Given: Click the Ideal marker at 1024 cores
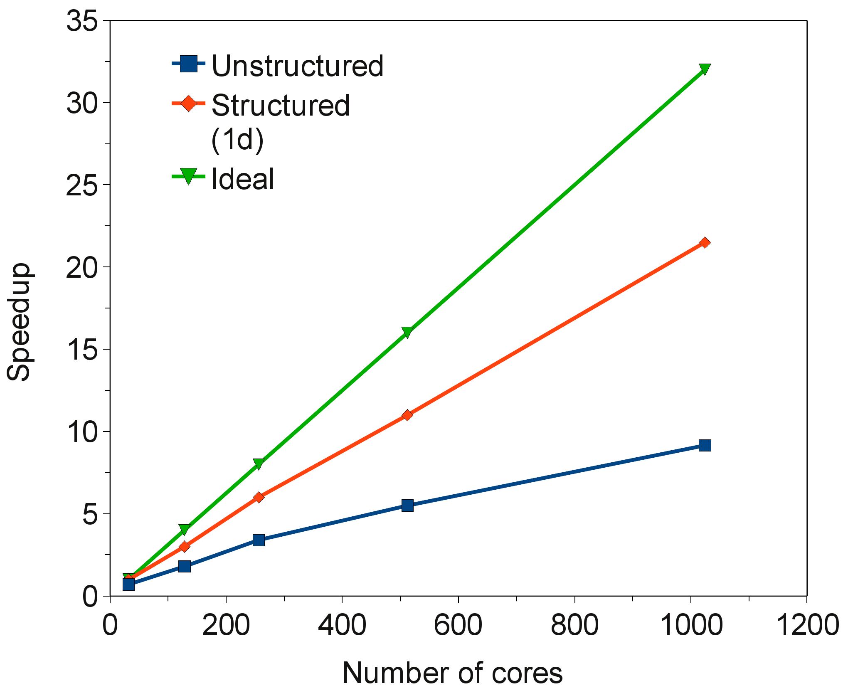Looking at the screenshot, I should tap(705, 69).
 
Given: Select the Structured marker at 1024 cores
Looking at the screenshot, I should tap(705, 242).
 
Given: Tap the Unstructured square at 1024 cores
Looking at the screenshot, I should tap(705, 445).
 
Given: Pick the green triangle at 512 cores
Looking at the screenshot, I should tap(407, 332).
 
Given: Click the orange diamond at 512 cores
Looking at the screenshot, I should tap(407, 415).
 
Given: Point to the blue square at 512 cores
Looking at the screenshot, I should tap(407, 506).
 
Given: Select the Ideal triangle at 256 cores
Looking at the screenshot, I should tap(259, 464).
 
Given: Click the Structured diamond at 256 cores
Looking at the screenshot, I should tap(259, 497).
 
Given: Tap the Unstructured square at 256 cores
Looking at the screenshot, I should tap(259, 540).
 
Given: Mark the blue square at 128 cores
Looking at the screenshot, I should tap(184, 566).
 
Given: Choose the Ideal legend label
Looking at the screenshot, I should tap(243, 179).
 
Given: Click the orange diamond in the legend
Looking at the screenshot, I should tap(188, 103).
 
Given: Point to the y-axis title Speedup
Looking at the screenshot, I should tap(19, 322).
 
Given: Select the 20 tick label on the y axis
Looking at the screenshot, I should tap(82, 267).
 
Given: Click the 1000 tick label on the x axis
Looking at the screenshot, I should tap(691, 625).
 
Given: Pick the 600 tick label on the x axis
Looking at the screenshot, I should tap(458, 625).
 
